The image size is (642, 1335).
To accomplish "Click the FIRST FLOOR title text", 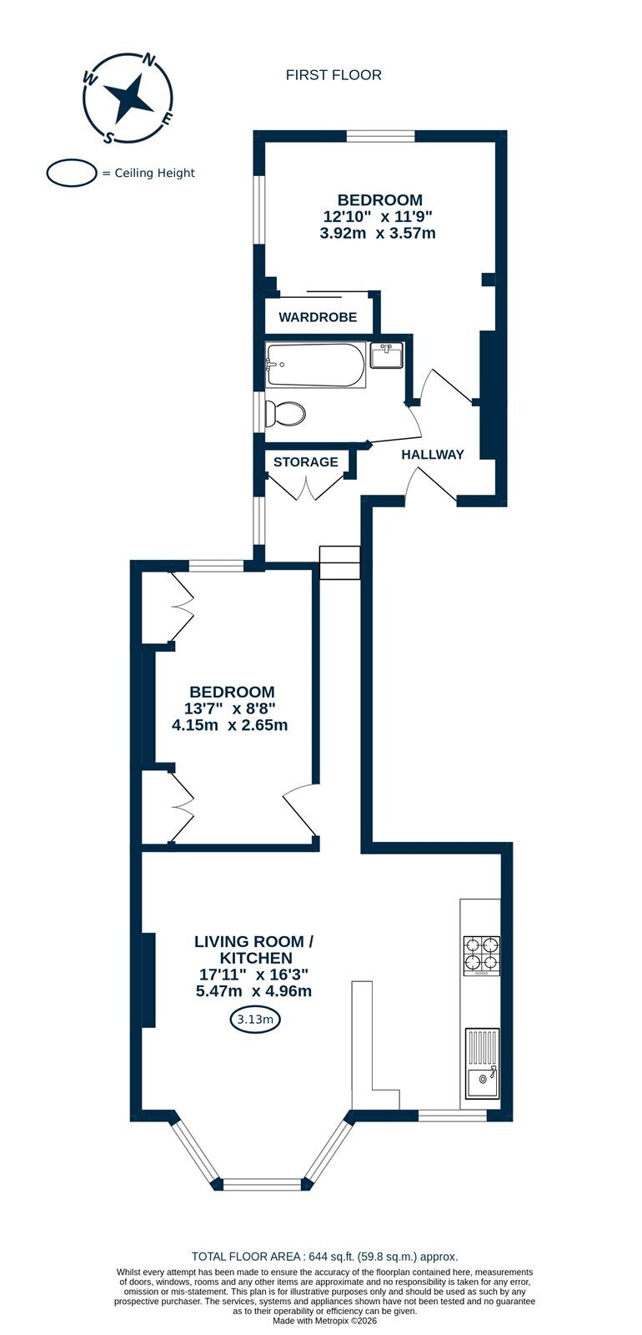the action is (x=334, y=75).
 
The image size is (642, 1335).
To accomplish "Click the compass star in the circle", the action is (x=128, y=97).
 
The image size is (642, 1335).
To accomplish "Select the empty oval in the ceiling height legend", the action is (x=72, y=173).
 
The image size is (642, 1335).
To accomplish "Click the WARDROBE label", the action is (x=318, y=317).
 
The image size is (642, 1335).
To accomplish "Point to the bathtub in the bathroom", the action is (x=313, y=365).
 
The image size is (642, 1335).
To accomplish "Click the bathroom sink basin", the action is (x=386, y=355).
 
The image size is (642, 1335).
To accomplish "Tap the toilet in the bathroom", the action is (x=285, y=412).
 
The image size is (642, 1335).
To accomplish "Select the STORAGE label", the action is (x=305, y=462).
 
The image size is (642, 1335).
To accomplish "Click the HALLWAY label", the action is (x=433, y=455).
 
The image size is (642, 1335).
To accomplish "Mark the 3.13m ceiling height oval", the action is (x=255, y=1019).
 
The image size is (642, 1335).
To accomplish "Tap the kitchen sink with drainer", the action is (x=483, y=1064).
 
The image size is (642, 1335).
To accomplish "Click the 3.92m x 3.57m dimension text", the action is (x=378, y=233).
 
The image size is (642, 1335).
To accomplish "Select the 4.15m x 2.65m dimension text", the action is (x=229, y=725).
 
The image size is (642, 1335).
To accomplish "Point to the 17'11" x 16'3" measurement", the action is (x=253, y=975).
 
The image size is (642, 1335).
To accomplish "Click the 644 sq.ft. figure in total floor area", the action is (x=330, y=1257).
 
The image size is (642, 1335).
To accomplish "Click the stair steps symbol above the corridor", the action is (x=340, y=562).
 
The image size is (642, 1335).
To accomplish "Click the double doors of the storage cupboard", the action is (x=305, y=486).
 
